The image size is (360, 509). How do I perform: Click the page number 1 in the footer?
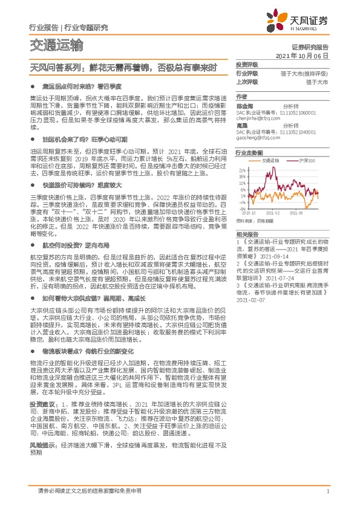pyautogui.click(x=327, y=491)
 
